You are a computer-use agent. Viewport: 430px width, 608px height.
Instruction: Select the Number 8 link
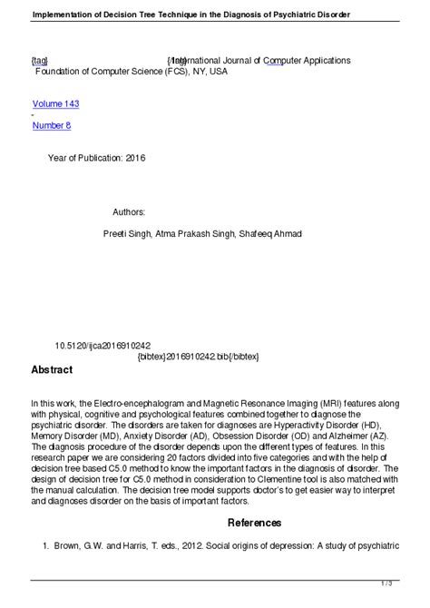[x=52, y=125]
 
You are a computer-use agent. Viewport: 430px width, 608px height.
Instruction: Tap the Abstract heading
[x=52, y=370]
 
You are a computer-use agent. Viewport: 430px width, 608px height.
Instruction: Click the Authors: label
[x=130, y=211]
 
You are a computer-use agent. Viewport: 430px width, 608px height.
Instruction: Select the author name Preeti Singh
[x=129, y=233]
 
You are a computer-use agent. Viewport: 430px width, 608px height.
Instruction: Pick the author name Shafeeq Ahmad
[x=270, y=233]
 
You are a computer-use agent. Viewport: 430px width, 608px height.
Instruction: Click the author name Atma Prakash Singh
[x=198, y=233]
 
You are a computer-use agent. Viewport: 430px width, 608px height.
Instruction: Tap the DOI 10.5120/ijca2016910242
[x=103, y=346]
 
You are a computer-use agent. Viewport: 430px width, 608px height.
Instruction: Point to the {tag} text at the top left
[x=40, y=60]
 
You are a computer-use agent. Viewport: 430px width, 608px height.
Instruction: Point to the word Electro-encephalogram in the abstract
[x=145, y=402]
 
